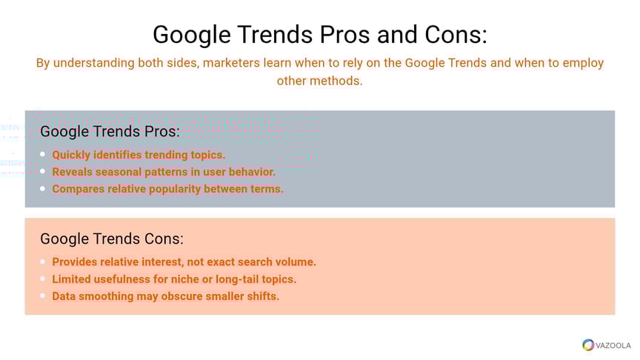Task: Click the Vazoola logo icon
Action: click(588, 345)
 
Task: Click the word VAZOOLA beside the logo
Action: click(613, 346)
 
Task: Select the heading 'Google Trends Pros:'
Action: click(110, 131)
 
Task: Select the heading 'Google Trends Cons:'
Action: click(112, 239)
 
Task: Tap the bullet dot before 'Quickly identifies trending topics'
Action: click(43, 154)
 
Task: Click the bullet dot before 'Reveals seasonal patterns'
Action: click(43, 171)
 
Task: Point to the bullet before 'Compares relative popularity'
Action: click(43, 189)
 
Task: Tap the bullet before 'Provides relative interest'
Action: click(43, 261)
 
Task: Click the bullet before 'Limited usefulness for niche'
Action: click(43, 279)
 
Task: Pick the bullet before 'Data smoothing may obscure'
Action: click(43, 296)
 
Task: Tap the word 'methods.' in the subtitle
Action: click(336, 81)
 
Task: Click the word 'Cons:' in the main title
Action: click(456, 34)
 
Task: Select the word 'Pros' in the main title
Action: click(345, 34)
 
